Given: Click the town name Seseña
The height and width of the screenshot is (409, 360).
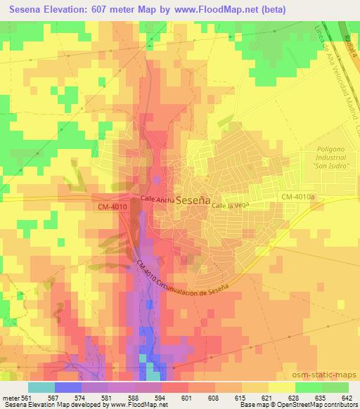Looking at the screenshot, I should pos(193,200).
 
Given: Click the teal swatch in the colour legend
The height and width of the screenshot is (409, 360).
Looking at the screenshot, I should pos(41,387).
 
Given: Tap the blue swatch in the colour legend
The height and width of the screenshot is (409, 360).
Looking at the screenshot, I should pos(68,387).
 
